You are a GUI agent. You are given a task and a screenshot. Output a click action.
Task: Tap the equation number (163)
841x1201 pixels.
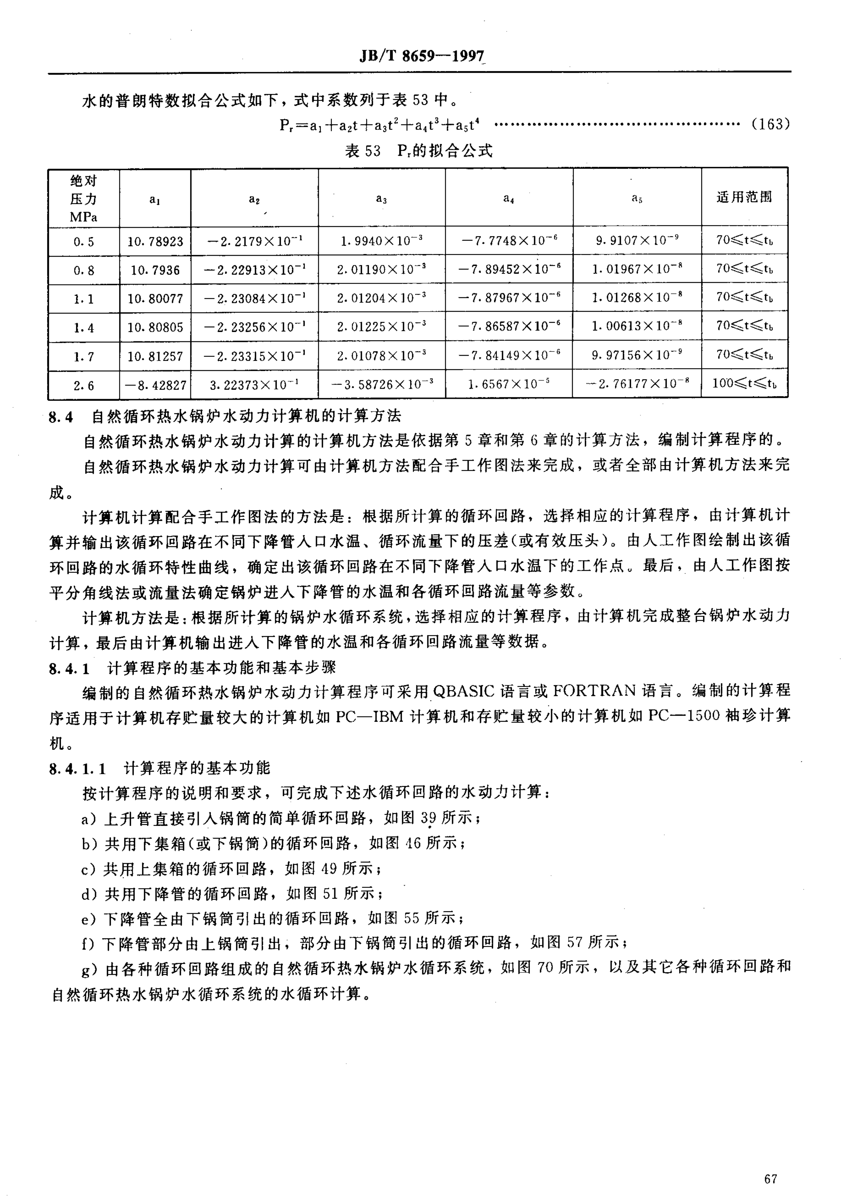(x=770, y=124)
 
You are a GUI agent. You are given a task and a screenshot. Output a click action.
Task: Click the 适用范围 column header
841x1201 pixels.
(x=744, y=197)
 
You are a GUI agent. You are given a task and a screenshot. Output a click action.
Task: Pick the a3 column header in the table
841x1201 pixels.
(x=381, y=198)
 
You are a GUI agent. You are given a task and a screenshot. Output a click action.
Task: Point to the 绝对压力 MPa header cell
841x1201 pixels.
(x=84, y=198)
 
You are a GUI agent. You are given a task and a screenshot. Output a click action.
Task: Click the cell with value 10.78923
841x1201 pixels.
(x=155, y=242)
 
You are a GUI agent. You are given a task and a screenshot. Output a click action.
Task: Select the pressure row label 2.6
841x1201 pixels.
(x=84, y=385)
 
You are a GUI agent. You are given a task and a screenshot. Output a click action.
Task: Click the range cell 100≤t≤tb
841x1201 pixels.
(x=744, y=384)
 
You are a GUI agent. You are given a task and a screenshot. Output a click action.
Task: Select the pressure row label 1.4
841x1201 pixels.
(x=84, y=328)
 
